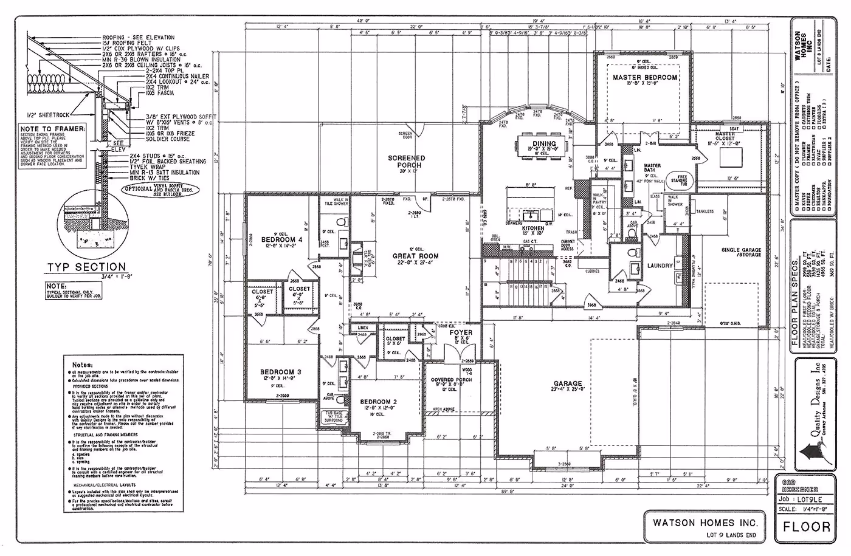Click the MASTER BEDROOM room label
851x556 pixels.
pos(644,78)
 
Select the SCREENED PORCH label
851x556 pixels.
pos(407,161)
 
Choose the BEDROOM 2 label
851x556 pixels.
pos(378,402)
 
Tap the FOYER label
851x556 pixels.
pos(461,333)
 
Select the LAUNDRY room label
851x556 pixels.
pos(660,266)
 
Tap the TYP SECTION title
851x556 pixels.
pos(87,267)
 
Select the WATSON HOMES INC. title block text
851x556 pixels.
pos(705,522)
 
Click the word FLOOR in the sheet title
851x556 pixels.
pos(807,526)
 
